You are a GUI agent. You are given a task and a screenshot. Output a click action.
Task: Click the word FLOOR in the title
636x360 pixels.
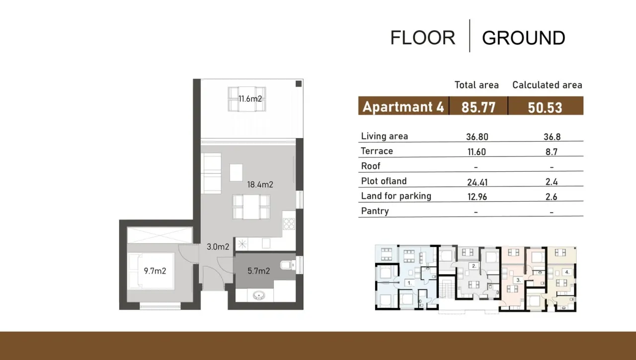pos(422,38)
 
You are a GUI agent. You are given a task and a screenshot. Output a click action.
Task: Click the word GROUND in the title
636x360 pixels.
pos(523,38)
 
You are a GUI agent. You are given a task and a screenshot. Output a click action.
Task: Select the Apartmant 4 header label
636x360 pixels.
pos(402,107)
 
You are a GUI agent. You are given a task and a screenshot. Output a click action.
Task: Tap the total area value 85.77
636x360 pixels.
pos(478,107)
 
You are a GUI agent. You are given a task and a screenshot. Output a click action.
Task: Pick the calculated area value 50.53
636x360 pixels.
pos(545,107)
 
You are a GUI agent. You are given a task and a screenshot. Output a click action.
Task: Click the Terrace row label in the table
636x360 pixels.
pos(377,151)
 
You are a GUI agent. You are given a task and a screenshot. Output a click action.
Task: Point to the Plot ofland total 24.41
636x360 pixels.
pos(477,182)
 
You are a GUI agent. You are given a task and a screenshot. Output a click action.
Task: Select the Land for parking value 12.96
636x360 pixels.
pos(477,197)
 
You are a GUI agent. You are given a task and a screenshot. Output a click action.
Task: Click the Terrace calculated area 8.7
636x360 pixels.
pos(551,152)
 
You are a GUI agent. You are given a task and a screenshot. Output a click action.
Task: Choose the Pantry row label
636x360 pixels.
pos(375,211)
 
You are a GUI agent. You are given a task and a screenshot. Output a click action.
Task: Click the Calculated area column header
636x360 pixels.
pos(547,85)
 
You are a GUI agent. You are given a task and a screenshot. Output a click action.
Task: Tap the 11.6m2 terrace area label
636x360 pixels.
pos(249,99)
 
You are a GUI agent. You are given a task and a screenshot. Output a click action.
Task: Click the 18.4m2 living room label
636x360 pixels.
pos(260,185)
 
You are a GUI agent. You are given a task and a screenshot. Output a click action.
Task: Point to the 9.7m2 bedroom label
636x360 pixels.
pos(155,271)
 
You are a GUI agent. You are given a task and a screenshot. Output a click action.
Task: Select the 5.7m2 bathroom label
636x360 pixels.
pos(258,271)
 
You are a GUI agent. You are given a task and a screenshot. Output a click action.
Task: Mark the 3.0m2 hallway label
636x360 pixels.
pos(218,247)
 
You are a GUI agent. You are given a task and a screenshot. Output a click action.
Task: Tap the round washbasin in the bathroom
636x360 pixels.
pos(258,296)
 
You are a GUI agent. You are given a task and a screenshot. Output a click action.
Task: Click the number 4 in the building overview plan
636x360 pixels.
pos(567,272)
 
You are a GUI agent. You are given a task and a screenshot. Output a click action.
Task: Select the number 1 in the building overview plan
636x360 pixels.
pos(409,283)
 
